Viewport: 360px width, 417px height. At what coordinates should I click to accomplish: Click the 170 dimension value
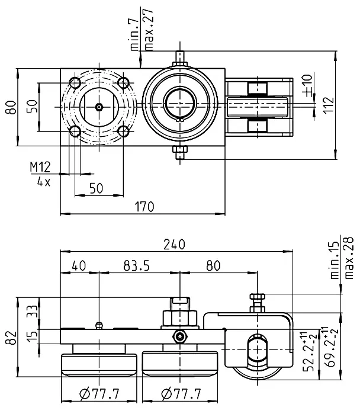coord(144,207)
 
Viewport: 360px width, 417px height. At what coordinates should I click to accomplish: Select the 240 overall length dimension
coord(174,245)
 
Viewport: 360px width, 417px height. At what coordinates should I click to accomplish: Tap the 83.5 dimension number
coord(137,266)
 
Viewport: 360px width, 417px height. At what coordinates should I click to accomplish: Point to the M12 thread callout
coord(40,167)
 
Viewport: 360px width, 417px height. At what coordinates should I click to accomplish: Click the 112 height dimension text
coord(329,105)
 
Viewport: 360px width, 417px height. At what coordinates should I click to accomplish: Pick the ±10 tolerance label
coord(307,85)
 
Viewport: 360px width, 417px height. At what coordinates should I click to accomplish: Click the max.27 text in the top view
coord(148,30)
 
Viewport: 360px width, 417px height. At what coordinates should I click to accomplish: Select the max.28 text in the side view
coord(349,258)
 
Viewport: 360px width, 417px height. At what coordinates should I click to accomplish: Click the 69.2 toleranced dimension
coord(332,347)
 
